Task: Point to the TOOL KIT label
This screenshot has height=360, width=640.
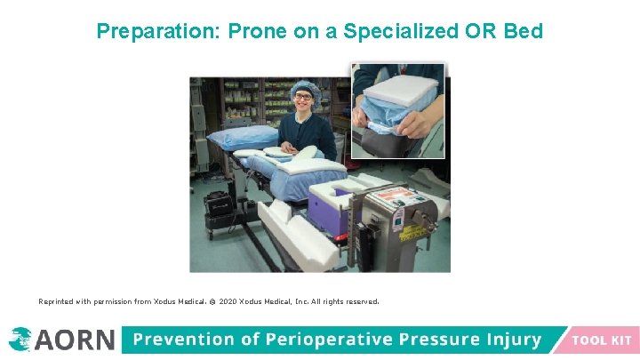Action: click(x=601, y=340)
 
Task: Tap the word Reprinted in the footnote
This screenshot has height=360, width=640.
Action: click(x=56, y=301)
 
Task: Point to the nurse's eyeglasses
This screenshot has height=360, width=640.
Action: click(x=303, y=97)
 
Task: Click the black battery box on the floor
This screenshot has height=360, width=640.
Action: click(x=219, y=204)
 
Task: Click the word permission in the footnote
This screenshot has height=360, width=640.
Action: click(x=111, y=301)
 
